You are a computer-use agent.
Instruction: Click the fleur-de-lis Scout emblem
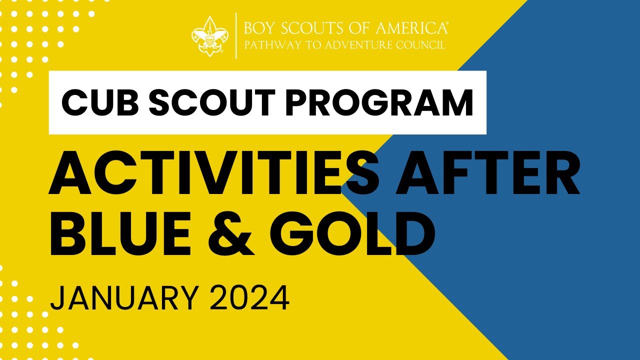[x=210, y=35]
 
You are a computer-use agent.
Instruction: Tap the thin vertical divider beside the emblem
[x=236, y=36]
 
